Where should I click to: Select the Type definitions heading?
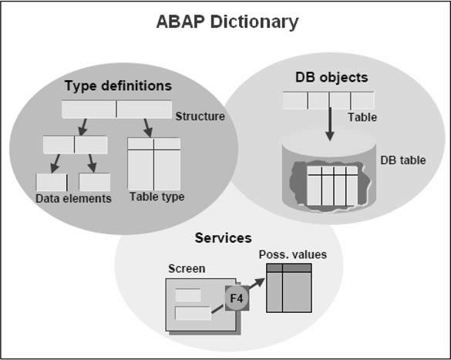point(118,85)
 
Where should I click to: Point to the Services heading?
point(223,238)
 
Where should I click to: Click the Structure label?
point(200,117)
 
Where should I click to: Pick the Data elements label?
point(73,199)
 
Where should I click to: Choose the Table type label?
point(157,197)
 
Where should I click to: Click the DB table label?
point(402,160)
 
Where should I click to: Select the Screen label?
point(187,269)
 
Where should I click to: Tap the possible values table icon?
point(288,288)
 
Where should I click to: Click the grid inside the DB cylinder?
point(332,186)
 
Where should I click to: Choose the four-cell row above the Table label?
point(328,100)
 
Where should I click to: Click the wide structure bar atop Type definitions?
point(116,109)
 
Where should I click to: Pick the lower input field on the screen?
point(193,313)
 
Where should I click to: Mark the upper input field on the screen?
point(188,294)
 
